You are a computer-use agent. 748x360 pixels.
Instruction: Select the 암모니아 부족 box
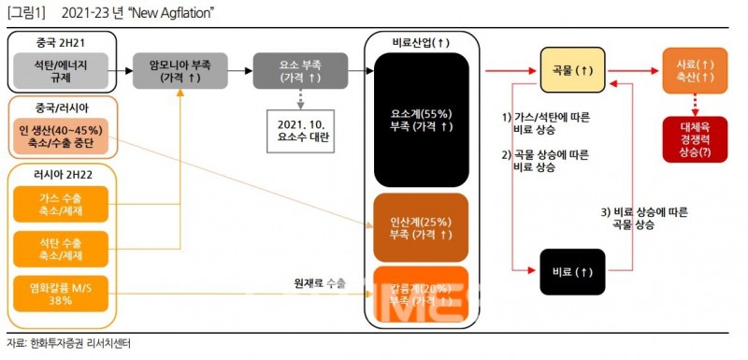pyautogui.click(x=182, y=70)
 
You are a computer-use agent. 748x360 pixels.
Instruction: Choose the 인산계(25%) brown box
pyautogui.click(x=421, y=227)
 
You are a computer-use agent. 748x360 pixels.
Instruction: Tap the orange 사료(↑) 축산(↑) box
pyautogui.click(x=695, y=70)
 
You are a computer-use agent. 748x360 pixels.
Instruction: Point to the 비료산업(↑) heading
pyautogui.click(x=421, y=42)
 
